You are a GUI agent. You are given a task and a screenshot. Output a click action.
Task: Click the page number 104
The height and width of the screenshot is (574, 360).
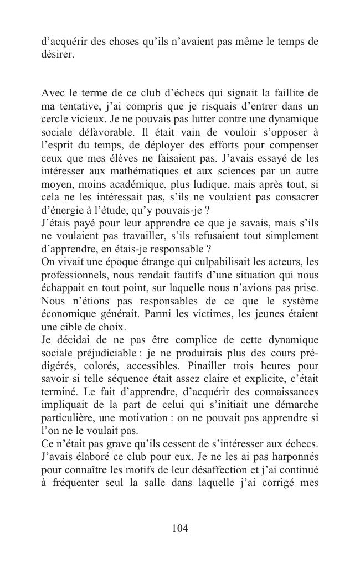tap(180, 528)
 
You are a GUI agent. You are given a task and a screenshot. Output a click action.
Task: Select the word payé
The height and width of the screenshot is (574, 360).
tap(77, 224)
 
